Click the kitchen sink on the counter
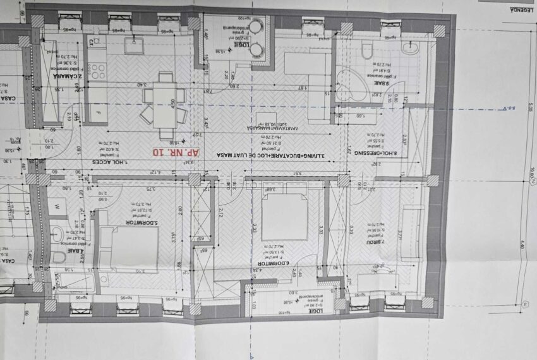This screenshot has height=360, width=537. click(x=133, y=46)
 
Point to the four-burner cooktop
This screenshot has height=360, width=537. click(x=98, y=71)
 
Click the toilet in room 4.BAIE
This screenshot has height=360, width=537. click(x=59, y=256)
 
